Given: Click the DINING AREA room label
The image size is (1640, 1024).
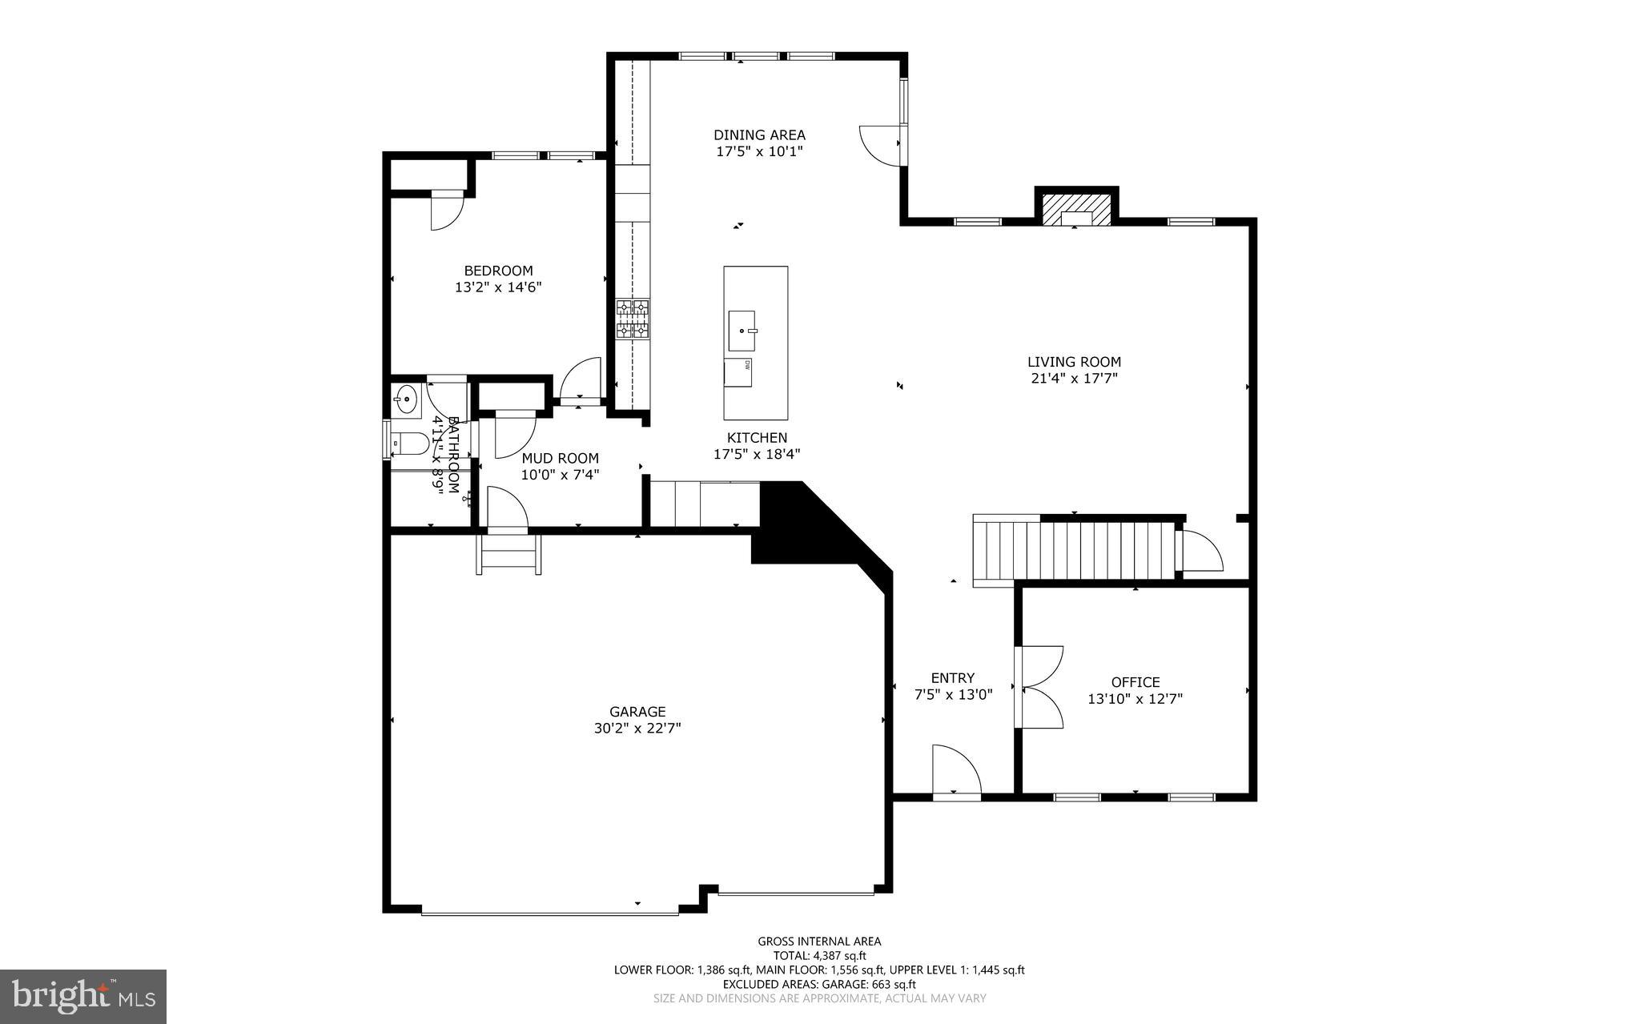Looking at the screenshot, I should (x=759, y=135).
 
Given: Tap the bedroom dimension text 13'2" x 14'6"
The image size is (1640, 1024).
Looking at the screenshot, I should (x=498, y=287).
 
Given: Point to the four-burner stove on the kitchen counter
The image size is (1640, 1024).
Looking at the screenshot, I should (x=632, y=319).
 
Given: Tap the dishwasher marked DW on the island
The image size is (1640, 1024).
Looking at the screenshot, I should (x=738, y=372).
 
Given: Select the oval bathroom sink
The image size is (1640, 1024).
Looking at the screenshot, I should (x=407, y=398).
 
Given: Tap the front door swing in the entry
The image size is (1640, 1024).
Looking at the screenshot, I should (x=956, y=770).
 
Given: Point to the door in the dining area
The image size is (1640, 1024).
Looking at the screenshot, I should (x=881, y=145).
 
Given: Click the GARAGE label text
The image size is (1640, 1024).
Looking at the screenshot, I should (x=637, y=712).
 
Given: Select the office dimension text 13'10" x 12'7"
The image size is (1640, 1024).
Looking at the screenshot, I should (x=1135, y=699).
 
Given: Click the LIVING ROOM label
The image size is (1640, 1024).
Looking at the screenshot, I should (x=1074, y=362).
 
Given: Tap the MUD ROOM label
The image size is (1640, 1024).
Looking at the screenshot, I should (x=560, y=459).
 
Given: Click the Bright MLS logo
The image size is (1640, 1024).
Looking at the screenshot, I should (x=83, y=996).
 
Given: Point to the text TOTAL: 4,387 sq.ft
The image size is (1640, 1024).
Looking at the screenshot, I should (x=819, y=955).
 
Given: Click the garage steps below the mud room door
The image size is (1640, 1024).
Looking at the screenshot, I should (x=509, y=554).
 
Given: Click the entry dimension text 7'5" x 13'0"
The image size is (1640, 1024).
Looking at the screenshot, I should (x=953, y=695).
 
